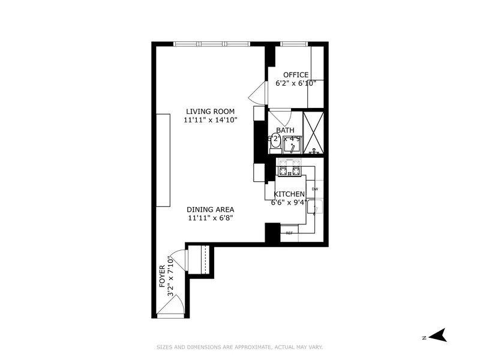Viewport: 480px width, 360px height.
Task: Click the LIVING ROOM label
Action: point(210,111)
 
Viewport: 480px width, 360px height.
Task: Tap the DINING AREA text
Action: point(210,209)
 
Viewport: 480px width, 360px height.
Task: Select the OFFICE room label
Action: point(296,75)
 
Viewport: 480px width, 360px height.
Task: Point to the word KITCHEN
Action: point(290,194)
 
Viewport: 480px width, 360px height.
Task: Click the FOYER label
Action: point(162,277)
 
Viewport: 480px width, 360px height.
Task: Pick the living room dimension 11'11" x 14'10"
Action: point(211,120)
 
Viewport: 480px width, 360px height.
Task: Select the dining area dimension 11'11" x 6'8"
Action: point(210,218)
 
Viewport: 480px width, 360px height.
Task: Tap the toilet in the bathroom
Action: point(275,142)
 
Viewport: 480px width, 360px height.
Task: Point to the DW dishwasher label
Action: point(314,189)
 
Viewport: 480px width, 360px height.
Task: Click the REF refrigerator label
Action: point(289,233)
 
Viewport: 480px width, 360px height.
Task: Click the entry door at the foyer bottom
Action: point(170,308)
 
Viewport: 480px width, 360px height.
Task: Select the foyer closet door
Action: point(179,260)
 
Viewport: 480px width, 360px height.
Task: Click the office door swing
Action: point(257,94)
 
